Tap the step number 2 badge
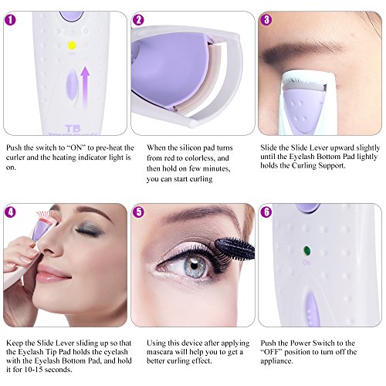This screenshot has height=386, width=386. [x=138, y=19]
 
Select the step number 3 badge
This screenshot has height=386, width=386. [x=266, y=19]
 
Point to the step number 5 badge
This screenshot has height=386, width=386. [x=138, y=212]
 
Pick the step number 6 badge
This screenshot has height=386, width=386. [x=266, y=212]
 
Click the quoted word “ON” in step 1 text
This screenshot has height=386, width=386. [x=80, y=147]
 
